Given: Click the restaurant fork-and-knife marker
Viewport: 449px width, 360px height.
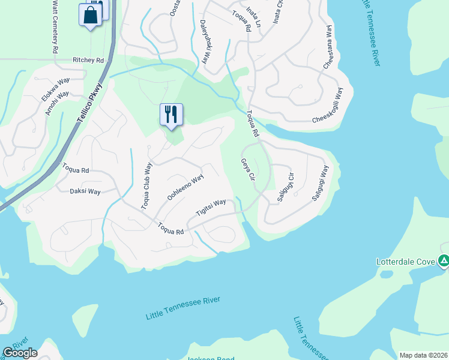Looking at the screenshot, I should click(172, 113).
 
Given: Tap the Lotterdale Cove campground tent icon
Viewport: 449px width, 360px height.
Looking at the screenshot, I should click(444, 261).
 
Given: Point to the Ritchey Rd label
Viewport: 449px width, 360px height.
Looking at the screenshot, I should click(88, 61).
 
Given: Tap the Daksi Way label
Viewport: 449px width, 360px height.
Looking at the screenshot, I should click(85, 191).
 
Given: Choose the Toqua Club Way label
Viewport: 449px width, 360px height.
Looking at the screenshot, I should click(146, 185).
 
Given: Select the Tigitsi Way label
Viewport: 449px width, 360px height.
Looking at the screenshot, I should click(211, 208).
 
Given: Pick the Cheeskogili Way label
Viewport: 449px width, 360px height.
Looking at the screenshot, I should click(327, 106).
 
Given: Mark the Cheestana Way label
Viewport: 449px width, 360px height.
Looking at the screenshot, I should click(328, 47).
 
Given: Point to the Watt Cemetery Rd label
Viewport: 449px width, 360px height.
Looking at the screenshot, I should click(55, 27).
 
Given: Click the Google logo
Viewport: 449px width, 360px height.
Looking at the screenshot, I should click(19, 353).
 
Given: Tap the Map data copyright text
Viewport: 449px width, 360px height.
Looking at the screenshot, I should click(423, 355).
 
